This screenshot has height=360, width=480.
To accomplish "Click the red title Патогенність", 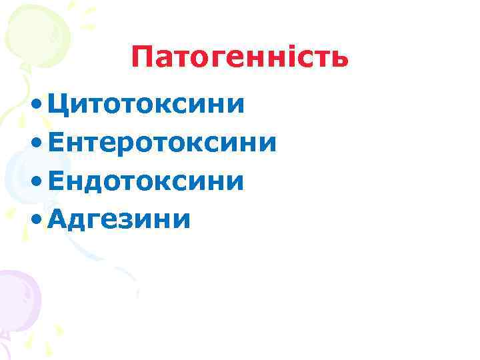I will coord(239,57).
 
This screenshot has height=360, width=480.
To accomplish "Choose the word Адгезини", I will coord(119,217).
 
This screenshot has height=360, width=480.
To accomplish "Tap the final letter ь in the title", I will coord(339,60).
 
